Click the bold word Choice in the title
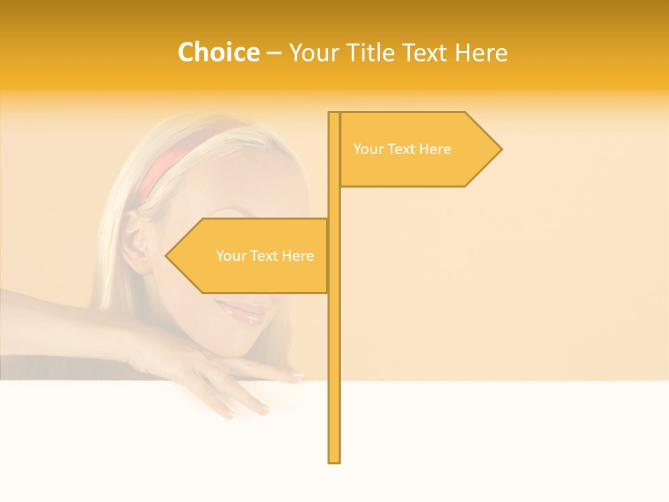click(218, 52)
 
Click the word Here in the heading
click(482, 52)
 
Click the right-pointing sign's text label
click(402, 149)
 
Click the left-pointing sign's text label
click(265, 256)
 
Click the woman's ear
click(137, 244)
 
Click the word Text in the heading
click(428, 52)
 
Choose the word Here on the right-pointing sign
click(434, 149)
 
